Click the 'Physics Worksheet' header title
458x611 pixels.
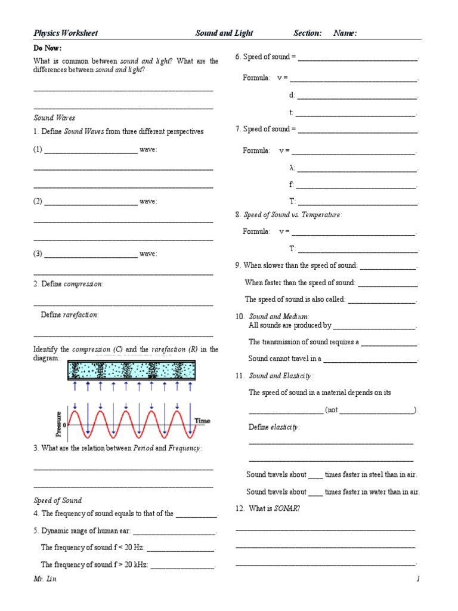click(x=65, y=33)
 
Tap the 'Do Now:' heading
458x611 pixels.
click(x=47, y=48)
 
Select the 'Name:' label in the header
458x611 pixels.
click(x=345, y=33)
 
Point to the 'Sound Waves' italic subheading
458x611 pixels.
click(x=54, y=118)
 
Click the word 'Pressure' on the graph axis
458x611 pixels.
click(x=58, y=424)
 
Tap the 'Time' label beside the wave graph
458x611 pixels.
click(x=203, y=421)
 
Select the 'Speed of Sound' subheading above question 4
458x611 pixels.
click(x=57, y=500)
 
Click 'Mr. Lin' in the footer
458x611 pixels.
click(x=45, y=579)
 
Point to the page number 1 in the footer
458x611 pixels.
click(x=419, y=579)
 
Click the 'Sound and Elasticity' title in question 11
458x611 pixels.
click(x=280, y=376)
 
